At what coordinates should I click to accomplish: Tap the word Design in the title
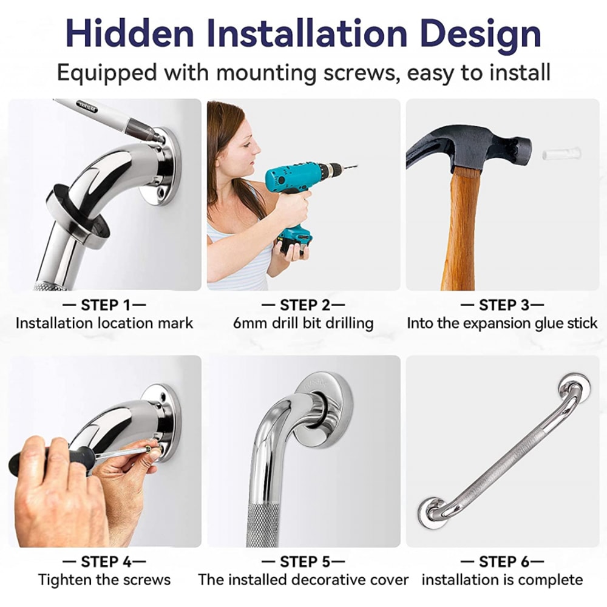point(479,33)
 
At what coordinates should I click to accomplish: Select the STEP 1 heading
point(105,305)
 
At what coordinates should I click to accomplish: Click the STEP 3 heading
point(503,305)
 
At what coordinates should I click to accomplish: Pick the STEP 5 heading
point(303,561)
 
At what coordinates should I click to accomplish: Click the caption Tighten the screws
point(104,580)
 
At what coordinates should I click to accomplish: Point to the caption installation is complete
point(503,580)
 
